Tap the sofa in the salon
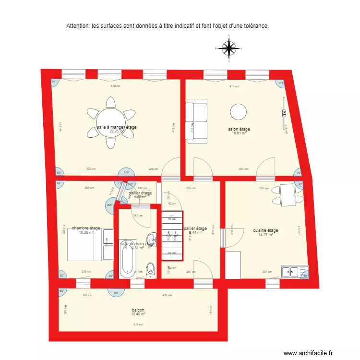(196, 122)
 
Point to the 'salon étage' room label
(239, 129)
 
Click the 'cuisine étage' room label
(265, 230)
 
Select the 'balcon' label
(138, 310)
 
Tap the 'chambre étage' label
(86, 228)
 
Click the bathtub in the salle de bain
(127, 264)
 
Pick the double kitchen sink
(290, 272)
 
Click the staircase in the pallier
(172, 235)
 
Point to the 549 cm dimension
(115, 86)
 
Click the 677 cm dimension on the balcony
(138, 325)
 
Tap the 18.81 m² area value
(239, 133)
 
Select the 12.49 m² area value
(138, 314)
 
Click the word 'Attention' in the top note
(78, 25)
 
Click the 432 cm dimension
(167, 295)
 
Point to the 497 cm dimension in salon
(243, 169)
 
